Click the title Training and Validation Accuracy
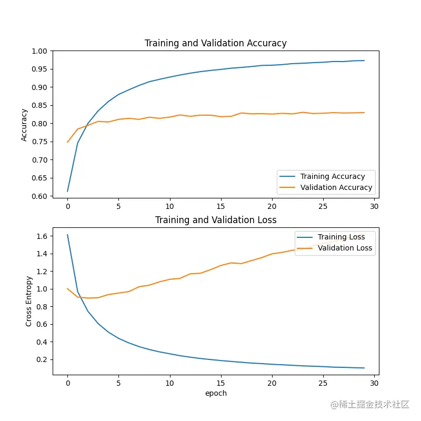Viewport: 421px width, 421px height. (216, 43)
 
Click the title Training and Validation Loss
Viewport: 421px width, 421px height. (216, 220)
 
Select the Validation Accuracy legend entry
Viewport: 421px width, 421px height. (336, 187)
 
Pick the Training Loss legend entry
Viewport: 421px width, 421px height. (341, 237)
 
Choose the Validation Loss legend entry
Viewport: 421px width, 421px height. (345, 248)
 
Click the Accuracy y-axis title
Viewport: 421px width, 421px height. (24, 125)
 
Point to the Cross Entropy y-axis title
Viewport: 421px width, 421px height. (29, 301)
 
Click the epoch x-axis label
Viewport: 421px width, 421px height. (216, 393)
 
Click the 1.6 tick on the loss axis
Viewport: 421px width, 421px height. (42, 236)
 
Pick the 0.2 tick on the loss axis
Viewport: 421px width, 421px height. (42, 359)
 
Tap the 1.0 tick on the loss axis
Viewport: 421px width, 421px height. (42, 289)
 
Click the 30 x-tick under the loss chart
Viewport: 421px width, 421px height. (374, 383)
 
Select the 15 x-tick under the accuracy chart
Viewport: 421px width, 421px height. (221, 206)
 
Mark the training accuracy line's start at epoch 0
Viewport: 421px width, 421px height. (67, 191)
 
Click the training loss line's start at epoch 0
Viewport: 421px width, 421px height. (67, 235)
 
